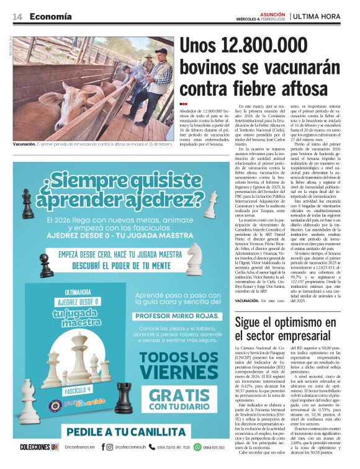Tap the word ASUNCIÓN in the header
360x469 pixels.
pos(273,13)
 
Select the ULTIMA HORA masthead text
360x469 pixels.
pos(320,16)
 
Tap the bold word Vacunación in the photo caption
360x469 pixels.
pos(24,144)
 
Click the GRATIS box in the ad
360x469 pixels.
pos(179,398)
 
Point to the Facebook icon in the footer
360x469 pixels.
pos(102,447)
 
